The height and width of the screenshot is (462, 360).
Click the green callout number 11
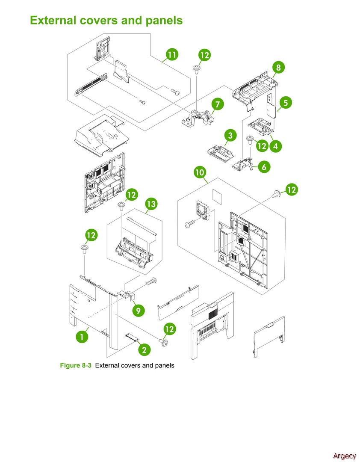click(172, 55)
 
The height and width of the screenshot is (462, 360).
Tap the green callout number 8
click(278, 67)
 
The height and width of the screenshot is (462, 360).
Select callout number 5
click(285, 103)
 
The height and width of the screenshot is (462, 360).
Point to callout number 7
click(217, 104)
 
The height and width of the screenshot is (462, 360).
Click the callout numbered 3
click(230, 136)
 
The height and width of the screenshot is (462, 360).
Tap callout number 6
click(264, 167)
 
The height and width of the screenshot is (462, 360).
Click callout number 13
click(151, 204)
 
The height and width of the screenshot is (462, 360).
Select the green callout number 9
click(138, 310)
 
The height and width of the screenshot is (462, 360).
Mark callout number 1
click(81, 336)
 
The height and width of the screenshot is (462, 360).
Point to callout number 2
click(144, 349)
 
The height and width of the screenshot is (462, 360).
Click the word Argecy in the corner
click(344, 456)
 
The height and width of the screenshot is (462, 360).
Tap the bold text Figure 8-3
click(76, 365)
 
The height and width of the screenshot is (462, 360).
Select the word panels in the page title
click(165, 20)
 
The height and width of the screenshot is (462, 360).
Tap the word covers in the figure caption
click(133, 365)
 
